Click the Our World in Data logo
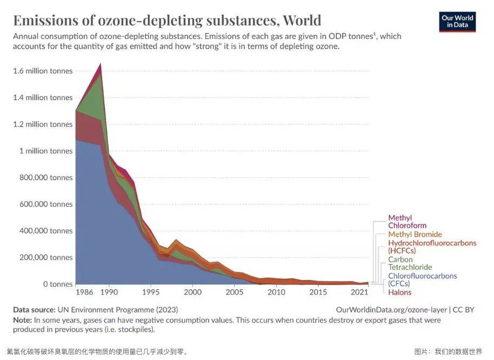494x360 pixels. click(x=457, y=21)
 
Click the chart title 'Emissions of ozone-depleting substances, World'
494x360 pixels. click(x=167, y=21)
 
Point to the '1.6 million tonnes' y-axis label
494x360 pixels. click(x=42, y=71)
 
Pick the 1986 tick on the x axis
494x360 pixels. click(x=83, y=292)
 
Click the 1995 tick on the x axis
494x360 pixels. click(x=151, y=292)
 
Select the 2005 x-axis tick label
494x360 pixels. click(x=234, y=292)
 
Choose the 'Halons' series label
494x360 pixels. click(x=399, y=292)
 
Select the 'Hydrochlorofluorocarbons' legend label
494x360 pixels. click(x=432, y=246)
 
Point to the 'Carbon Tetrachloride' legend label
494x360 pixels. click(x=410, y=263)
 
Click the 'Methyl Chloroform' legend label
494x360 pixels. click(x=407, y=222)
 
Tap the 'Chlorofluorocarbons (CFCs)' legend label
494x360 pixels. click(x=422, y=279)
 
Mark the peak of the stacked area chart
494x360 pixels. click(x=101, y=64)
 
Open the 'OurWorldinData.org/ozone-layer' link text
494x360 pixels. click(x=391, y=310)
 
